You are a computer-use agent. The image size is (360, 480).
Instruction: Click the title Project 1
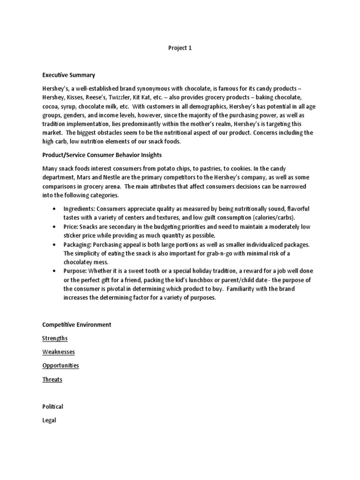click(180, 48)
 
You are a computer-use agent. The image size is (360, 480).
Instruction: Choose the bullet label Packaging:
click(78, 245)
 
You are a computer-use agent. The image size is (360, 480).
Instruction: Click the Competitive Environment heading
click(77, 324)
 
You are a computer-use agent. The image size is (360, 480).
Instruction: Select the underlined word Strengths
click(55, 338)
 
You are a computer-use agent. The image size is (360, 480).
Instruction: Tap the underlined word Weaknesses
click(58, 352)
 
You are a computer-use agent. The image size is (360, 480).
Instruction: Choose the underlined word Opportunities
click(60, 365)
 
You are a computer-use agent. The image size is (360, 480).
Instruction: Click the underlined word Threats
click(52, 379)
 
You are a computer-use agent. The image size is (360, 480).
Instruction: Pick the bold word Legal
click(49, 420)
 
